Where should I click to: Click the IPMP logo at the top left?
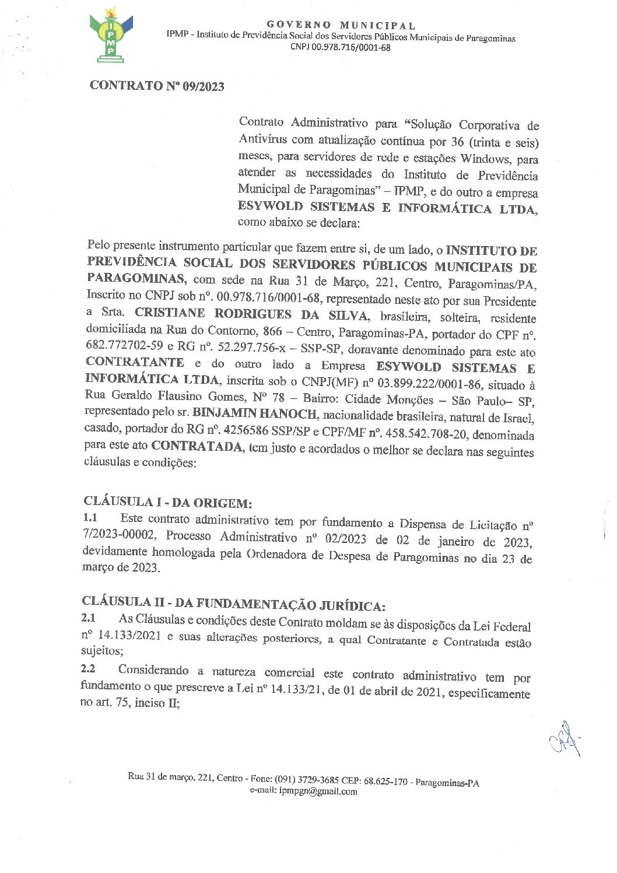click(x=111, y=36)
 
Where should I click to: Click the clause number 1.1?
click(x=90, y=517)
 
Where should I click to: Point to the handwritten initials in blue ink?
click(x=564, y=742)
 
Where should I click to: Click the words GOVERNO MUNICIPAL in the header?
click(x=341, y=25)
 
